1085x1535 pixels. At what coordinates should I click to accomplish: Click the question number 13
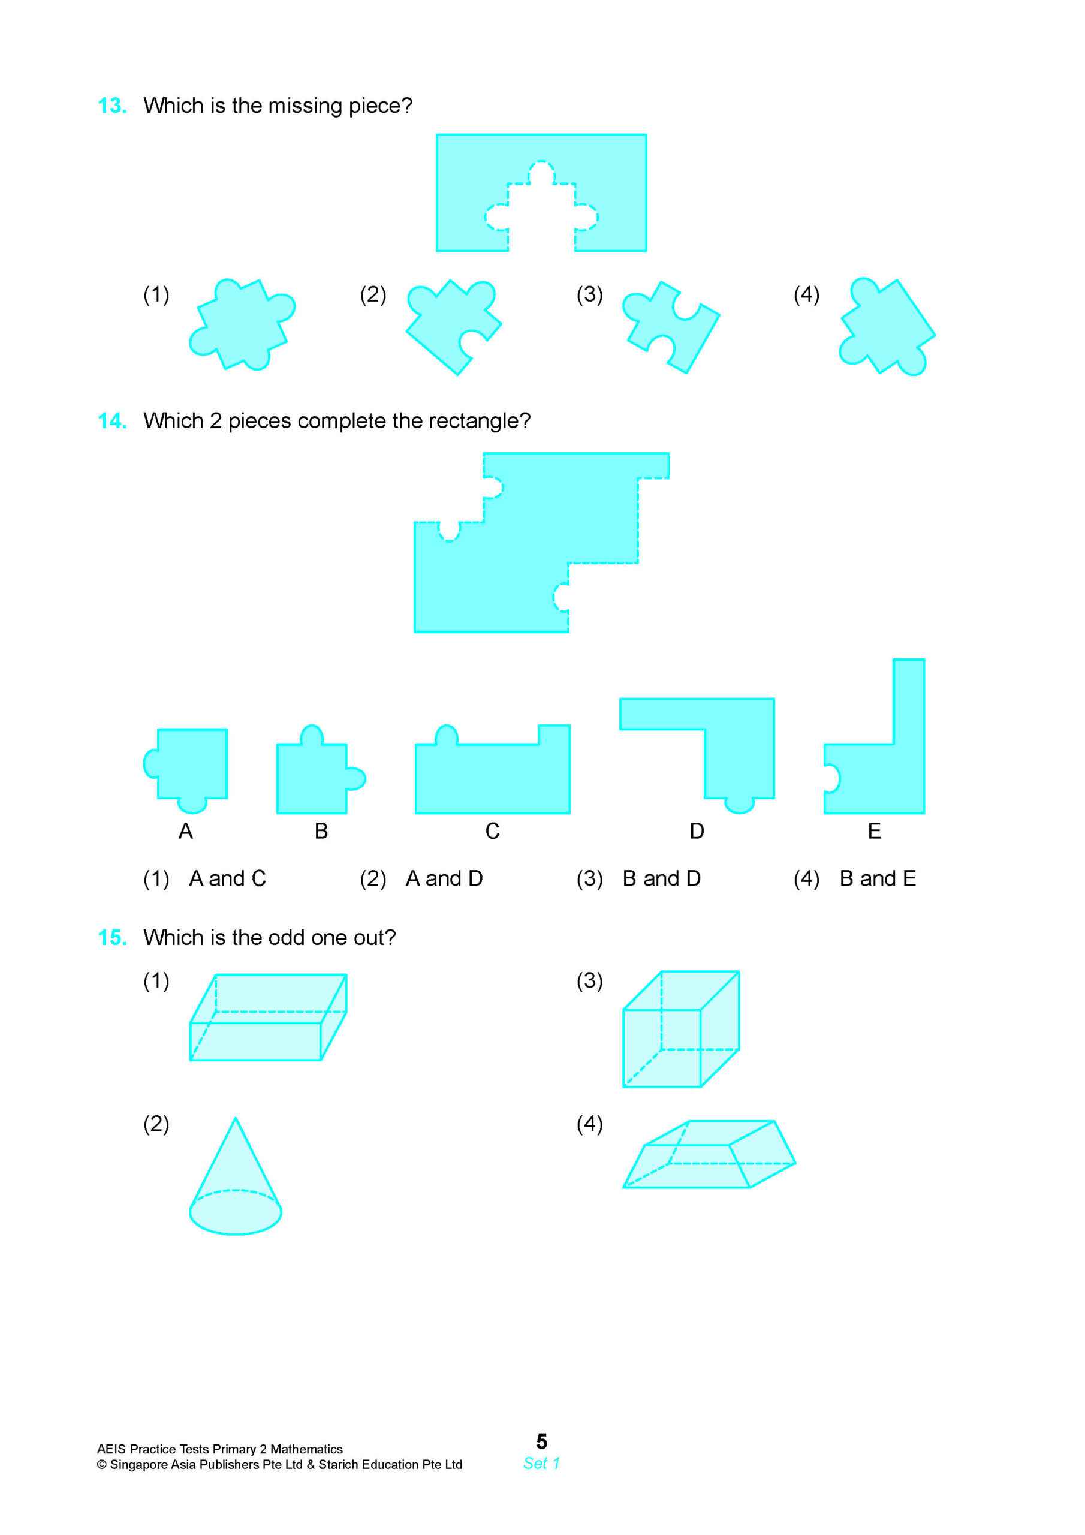(x=111, y=106)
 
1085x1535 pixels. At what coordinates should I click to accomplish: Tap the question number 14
(x=111, y=420)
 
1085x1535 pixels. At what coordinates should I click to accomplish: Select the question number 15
(x=111, y=937)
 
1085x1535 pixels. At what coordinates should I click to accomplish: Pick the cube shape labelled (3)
(x=680, y=1030)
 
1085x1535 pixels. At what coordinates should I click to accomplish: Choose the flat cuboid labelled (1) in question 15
(x=267, y=1018)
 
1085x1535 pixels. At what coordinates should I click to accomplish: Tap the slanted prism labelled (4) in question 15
(x=708, y=1155)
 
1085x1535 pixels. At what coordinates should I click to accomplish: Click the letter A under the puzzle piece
(x=186, y=831)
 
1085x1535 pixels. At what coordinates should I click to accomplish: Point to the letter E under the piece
(x=874, y=831)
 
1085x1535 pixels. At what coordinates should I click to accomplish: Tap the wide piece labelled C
(x=492, y=775)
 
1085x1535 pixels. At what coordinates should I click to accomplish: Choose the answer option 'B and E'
(x=877, y=878)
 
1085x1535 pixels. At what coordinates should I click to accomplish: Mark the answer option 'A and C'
(x=227, y=878)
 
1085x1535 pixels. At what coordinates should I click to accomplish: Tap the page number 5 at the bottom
(x=541, y=1441)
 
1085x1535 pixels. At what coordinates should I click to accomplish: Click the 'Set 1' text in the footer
(x=541, y=1464)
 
